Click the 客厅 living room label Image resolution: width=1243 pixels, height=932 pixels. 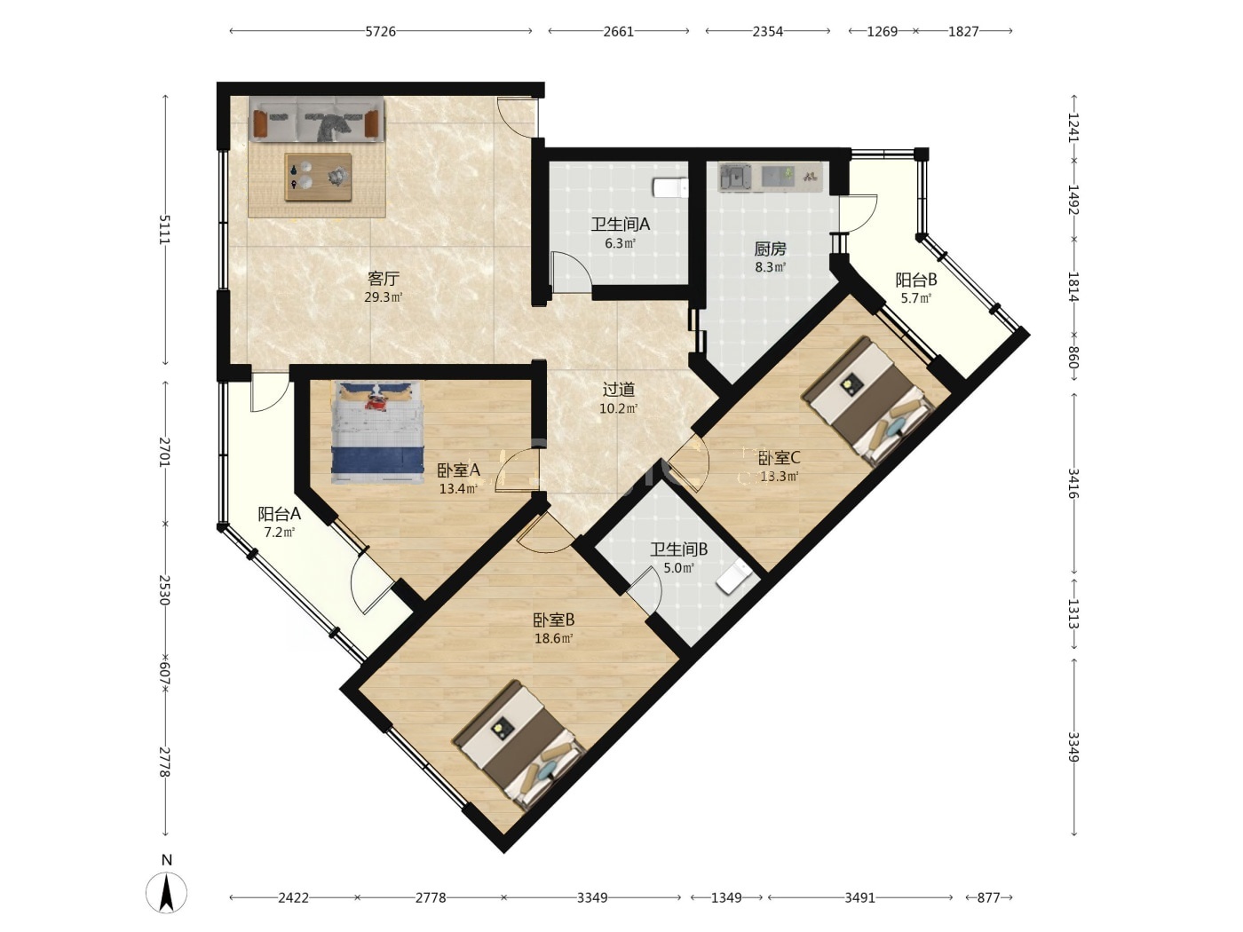click(384, 278)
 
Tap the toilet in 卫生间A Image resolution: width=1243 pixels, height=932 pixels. click(670, 187)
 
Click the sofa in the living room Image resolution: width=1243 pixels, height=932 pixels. click(316, 120)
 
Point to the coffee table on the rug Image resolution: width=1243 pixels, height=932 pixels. click(318, 178)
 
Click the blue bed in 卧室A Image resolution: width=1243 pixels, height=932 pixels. click(377, 431)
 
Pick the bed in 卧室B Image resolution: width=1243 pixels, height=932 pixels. click(520, 745)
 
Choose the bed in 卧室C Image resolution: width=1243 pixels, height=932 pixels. click(867, 400)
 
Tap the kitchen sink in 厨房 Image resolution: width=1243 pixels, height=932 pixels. click(735, 178)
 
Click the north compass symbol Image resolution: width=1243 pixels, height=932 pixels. click(166, 892)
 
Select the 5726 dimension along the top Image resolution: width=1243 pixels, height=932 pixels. click(381, 31)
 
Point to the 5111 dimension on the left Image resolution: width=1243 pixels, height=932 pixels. click(164, 230)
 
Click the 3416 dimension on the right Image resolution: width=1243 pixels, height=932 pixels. click(1073, 483)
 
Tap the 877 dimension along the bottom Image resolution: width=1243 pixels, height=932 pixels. click(988, 897)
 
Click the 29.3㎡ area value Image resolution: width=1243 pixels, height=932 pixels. click(384, 297)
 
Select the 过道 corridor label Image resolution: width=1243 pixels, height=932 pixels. click(618, 390)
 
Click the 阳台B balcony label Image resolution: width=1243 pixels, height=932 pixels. click(915, 280)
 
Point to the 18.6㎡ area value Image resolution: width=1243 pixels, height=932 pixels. click(554, 639)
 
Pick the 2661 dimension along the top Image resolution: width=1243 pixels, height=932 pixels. click(618, 31)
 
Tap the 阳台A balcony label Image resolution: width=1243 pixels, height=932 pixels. click(279, 514)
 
